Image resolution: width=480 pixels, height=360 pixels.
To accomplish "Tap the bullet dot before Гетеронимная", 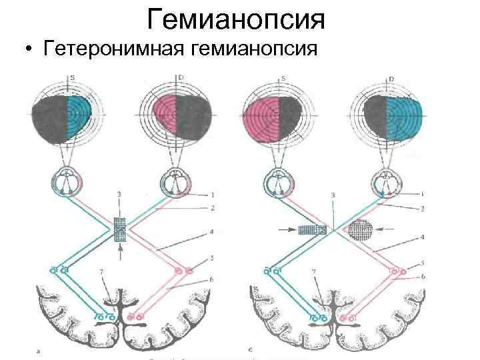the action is click(x=27, y=52).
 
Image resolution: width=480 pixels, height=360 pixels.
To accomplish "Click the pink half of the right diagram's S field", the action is click(x=263, y=119).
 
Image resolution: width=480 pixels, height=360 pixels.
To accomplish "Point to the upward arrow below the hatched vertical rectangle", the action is click(x=119, y=252).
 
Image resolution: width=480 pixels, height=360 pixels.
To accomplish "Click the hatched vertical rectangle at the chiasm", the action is click(x=120, y=231).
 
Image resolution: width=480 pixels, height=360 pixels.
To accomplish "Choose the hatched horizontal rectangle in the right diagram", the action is click(x=312, y=230).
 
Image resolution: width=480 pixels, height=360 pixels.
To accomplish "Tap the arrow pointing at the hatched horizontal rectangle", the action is click(x=289, y=230).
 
